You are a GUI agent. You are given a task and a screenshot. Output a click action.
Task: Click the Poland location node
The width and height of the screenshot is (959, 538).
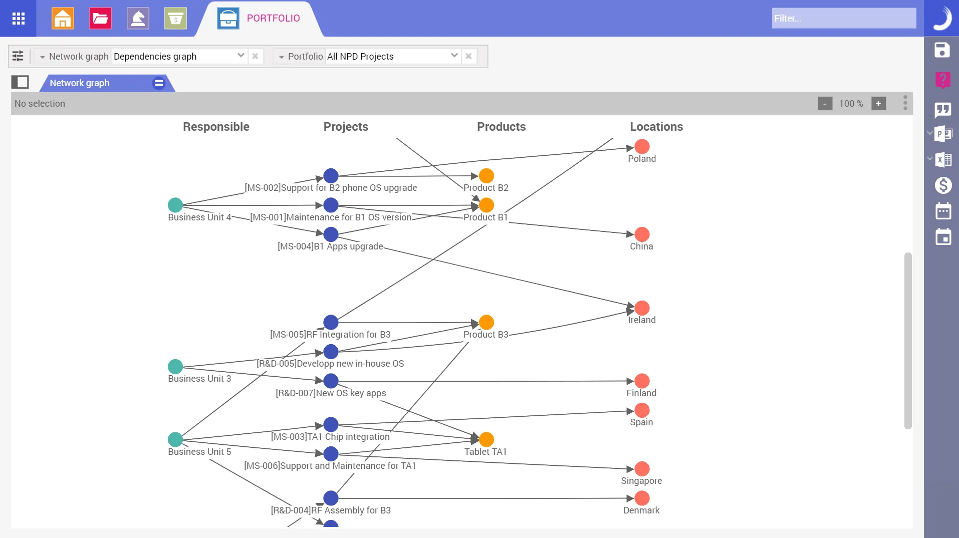tap(642, 147)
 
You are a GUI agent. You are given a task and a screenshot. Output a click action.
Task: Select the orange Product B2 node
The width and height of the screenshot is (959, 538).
tap(486, 176)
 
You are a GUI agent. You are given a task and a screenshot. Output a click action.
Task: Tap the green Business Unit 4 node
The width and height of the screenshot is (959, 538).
tap(175, 205)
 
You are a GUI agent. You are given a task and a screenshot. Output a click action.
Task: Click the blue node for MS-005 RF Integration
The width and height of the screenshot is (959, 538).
tap(331, 322)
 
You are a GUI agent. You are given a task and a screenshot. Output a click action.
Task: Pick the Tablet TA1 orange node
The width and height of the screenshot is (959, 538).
tap(486, 439)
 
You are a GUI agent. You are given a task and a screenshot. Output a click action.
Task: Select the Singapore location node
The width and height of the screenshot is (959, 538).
tap(642, 469)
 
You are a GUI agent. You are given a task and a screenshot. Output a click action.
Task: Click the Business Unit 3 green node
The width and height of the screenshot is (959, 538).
tap(175, 366)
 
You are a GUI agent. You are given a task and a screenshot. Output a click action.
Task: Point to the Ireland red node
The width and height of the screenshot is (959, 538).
tap(642, 308)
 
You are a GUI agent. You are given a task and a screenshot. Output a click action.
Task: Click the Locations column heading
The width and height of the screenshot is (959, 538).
tap(656, 127)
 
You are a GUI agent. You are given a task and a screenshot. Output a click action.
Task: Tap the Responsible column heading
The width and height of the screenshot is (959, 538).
tap(216, 127)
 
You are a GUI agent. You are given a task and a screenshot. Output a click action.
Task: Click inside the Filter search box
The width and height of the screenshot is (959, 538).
tap(844, 19)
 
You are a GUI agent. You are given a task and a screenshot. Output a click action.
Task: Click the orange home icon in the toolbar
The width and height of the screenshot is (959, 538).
tap(63, 19)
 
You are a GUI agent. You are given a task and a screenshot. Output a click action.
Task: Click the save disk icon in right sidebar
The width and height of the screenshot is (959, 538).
tap(942, 50)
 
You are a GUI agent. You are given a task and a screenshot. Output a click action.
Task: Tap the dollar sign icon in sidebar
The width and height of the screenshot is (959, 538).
tap(943, 185)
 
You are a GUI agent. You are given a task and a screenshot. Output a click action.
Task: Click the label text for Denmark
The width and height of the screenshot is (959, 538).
tap(641, 510)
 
